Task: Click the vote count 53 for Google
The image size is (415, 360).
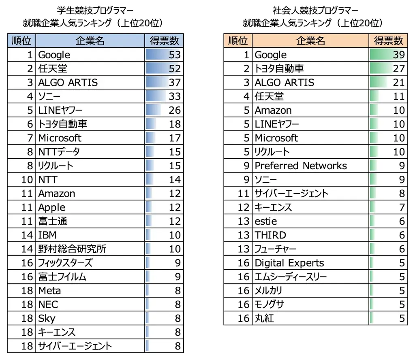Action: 175,55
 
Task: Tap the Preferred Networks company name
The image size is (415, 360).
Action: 301,166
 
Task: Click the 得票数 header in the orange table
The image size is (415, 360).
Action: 388,41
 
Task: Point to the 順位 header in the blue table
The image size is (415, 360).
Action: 22,41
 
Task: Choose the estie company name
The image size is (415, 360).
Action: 266,221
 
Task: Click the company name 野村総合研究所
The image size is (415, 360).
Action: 72,249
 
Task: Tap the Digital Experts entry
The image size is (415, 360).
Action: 289,263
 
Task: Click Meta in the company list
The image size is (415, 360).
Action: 49,290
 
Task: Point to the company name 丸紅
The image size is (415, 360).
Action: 264,318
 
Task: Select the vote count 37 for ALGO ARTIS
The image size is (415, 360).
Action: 175,82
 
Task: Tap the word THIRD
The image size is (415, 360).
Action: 270,235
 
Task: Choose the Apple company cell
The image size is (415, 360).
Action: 52,207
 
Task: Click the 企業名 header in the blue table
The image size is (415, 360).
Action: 90,41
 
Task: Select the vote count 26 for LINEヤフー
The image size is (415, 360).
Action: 175,110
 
